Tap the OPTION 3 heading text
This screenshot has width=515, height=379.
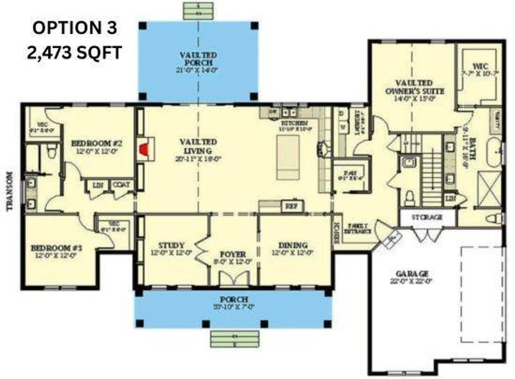75,28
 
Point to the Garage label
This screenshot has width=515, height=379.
414,277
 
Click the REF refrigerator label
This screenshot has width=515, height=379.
291,206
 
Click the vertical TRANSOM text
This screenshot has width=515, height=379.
9,192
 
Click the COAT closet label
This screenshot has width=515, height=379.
121,185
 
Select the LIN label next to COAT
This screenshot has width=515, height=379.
98,185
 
